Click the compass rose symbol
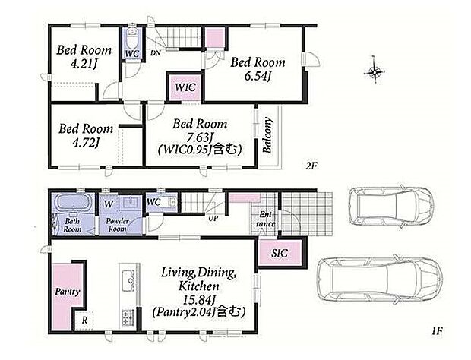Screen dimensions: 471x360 coord(374,71)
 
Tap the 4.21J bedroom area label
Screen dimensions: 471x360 coord(84,64)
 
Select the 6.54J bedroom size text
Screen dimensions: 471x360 coord(258,76)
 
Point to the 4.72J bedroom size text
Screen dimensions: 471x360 coord(86,143)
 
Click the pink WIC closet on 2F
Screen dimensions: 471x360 coord(185,87)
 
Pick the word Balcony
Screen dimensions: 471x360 coord(267,135)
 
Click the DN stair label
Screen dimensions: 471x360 coord(155,53)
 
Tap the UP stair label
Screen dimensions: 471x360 coord(213,219)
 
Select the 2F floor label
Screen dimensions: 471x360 coord(311,166)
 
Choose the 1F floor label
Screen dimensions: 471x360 coord(437,331)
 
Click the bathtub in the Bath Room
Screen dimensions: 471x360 coord(73,203)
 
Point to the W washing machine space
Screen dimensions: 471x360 coord(109,204)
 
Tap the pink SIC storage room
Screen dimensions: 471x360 coord(280,253)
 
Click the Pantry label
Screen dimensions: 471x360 coord(68,291)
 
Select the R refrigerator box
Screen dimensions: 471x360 coord(84,321)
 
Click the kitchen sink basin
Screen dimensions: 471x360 coord(128,280)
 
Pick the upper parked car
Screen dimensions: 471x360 coord(390,207)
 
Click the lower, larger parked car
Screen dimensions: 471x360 coord(380,280)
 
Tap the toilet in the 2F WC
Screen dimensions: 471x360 coord(131,40)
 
